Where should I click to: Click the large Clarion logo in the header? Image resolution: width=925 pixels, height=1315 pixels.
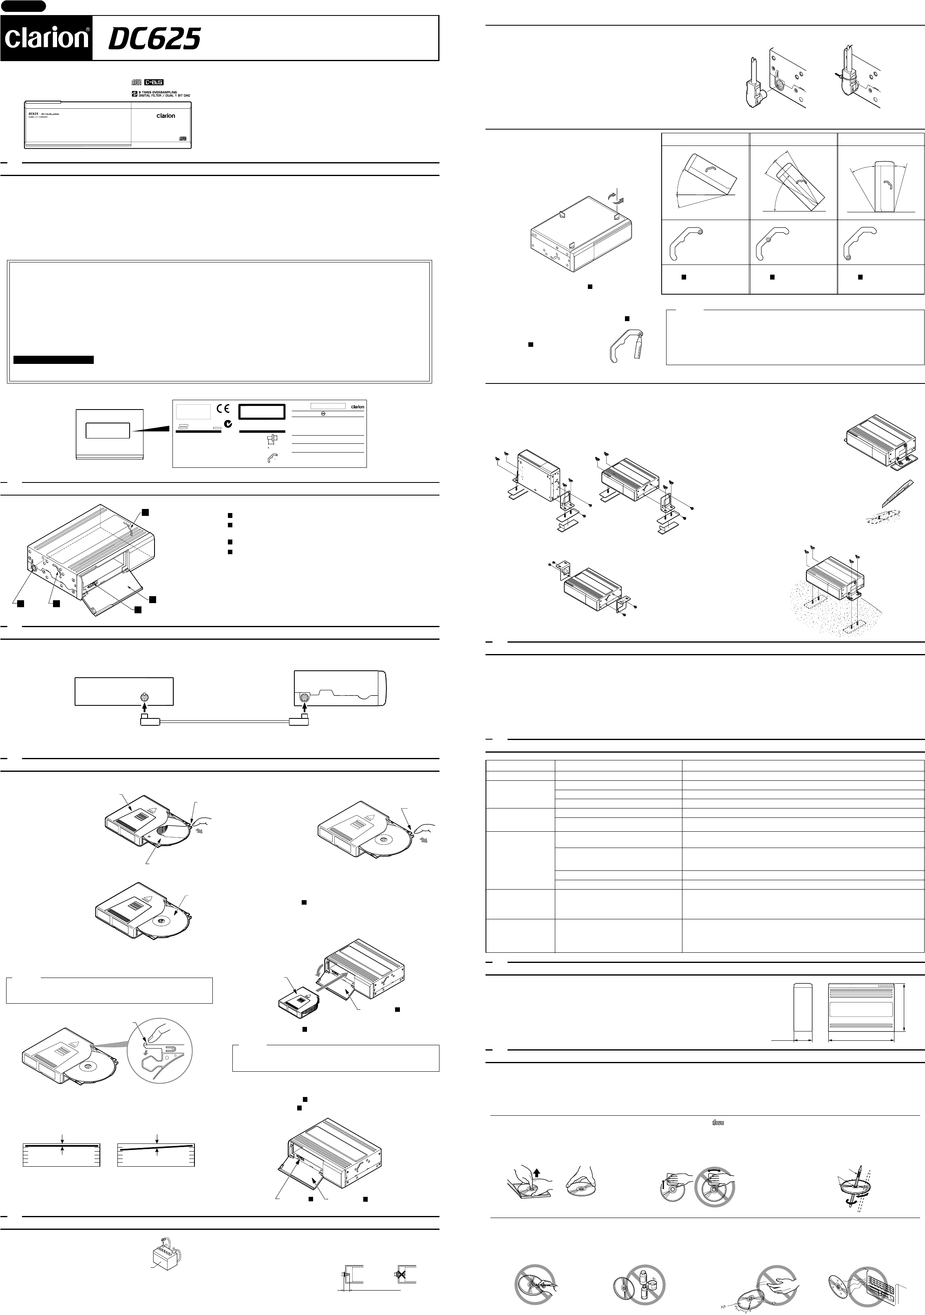coord(46,38)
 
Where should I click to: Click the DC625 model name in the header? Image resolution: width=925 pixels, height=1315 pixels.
coord(154,40)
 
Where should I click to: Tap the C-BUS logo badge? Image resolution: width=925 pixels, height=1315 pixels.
coord(154,82)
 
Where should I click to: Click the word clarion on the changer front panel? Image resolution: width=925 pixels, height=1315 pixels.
coord(166,116)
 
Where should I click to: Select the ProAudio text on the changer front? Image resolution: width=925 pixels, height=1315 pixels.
coord(51,114)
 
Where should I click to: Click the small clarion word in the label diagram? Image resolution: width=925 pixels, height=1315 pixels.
coord(357,407)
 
